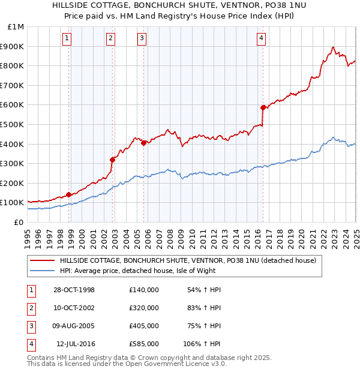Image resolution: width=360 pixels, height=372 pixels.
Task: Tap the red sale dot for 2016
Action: click(x=263, y=107)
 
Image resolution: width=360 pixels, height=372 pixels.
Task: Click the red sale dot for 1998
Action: click(x=68, y=194)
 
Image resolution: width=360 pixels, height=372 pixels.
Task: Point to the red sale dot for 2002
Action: click(x=112, y=160)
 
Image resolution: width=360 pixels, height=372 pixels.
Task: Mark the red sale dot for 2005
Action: click(x=143, y=143)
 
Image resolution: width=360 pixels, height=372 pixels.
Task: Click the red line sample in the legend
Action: click(x=42, y=260)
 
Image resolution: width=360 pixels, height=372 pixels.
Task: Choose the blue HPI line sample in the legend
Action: click(x=42, y=271)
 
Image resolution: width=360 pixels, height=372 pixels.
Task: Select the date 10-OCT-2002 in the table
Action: click(x=74, y=308)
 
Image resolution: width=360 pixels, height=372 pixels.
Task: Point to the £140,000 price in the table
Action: click(x=144, y=290)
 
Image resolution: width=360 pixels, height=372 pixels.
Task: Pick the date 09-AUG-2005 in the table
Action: click(x=74, y=326)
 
